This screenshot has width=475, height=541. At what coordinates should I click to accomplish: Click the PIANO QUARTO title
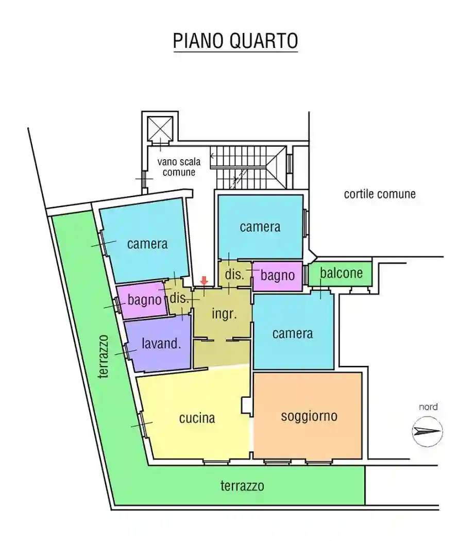click(x=235, y=41)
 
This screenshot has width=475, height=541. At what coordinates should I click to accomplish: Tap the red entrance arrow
click(x=204, y=281)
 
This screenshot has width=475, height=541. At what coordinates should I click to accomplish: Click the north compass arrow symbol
click(x=428, y=431)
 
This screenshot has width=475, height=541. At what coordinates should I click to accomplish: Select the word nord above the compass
click(x=428, y=407)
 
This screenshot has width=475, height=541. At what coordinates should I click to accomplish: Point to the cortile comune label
click(x=380, y=194)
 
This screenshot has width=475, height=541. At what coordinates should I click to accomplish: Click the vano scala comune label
click(x=179, y=167)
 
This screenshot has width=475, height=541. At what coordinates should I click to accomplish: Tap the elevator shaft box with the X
click(x=159, y=127)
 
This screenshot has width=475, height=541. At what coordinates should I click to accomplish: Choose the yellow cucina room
click(x=197, y=418)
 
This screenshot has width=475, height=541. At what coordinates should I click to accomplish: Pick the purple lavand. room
click(x=161, y=344)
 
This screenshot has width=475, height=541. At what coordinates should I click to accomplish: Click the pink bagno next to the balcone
click(x=277, y=276)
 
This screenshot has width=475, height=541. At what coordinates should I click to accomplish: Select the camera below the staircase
click(x=260, y=227)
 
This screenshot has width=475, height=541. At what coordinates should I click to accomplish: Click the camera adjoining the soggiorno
click(x=292, y=333)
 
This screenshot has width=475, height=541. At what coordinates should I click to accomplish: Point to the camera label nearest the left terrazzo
click(x=147, y=244)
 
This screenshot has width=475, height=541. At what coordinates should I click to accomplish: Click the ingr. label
click(x=225, y=314)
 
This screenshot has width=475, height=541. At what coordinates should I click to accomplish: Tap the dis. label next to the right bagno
click(x=234, y=275)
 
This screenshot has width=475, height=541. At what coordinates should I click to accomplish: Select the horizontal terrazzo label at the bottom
click(x=242, y=485)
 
